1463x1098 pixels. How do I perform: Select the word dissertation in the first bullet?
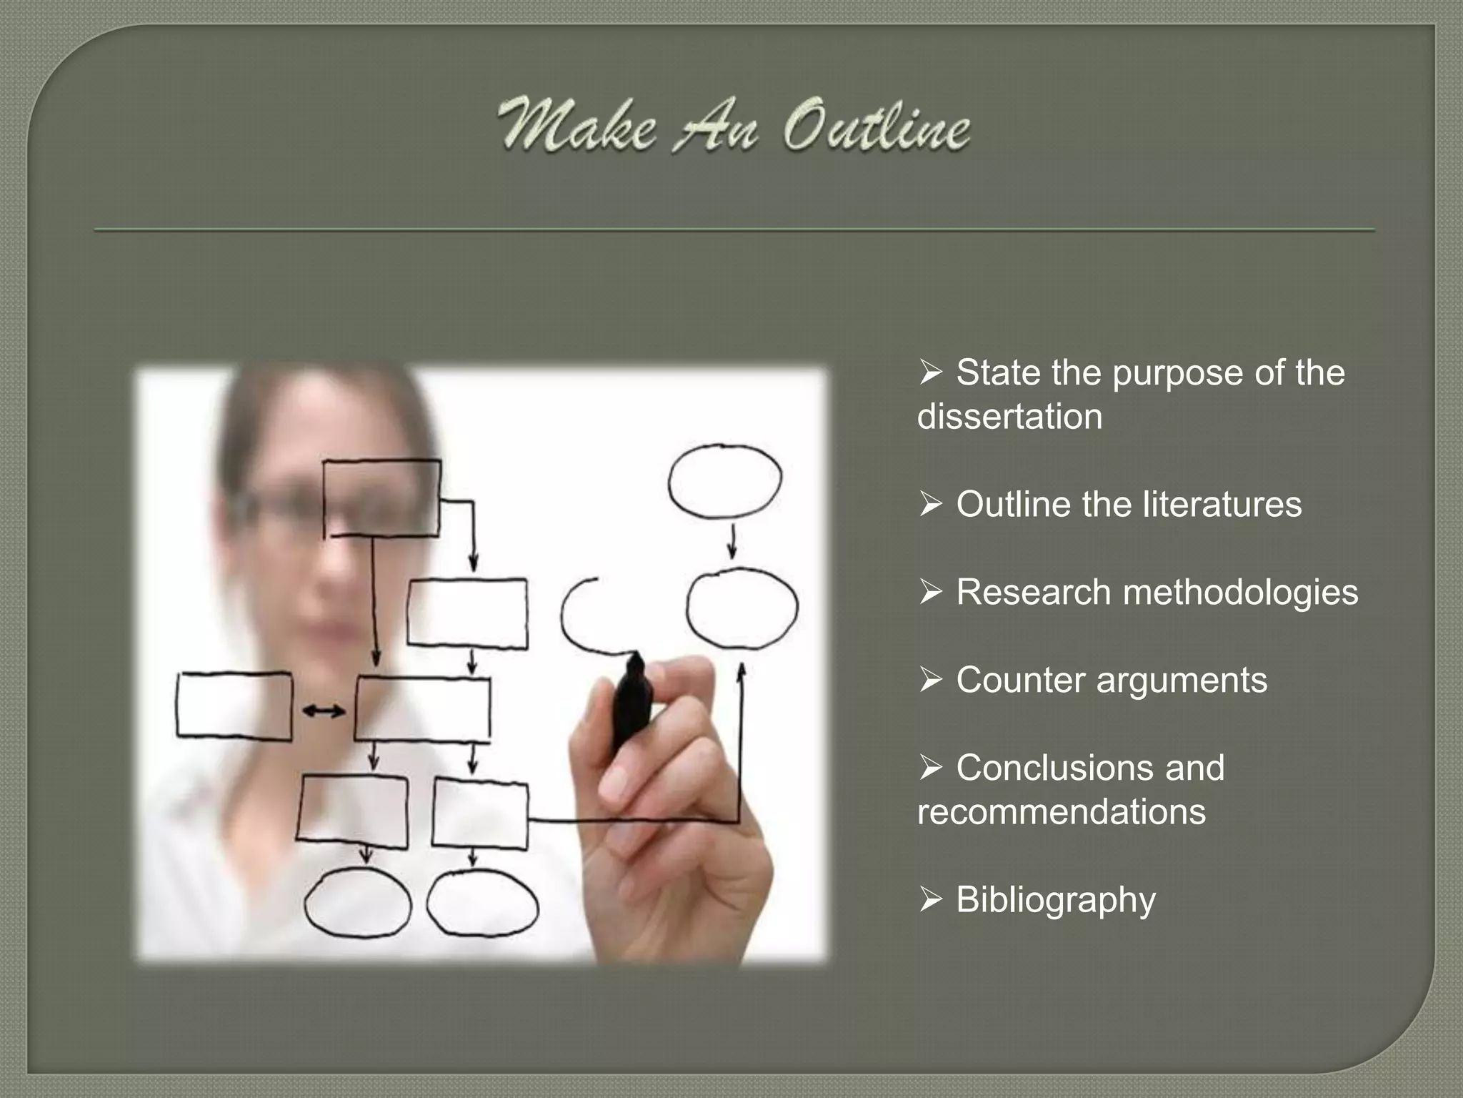click(1009, 417)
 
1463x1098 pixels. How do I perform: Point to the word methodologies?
click(1240, 593)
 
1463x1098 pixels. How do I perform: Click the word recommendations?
click(1061, 812)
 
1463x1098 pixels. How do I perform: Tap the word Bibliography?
click(1055, 900)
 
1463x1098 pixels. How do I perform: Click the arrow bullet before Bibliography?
click(931, 900)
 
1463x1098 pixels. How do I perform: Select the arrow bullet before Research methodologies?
click(931, 593)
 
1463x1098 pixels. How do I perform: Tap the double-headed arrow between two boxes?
click(324, 711)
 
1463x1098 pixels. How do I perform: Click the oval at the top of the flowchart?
click(724, 480)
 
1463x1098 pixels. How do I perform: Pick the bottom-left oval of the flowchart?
click(357, 903)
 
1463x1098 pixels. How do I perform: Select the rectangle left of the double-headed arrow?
click(234, 706)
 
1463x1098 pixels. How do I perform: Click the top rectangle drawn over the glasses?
click(381, 498)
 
